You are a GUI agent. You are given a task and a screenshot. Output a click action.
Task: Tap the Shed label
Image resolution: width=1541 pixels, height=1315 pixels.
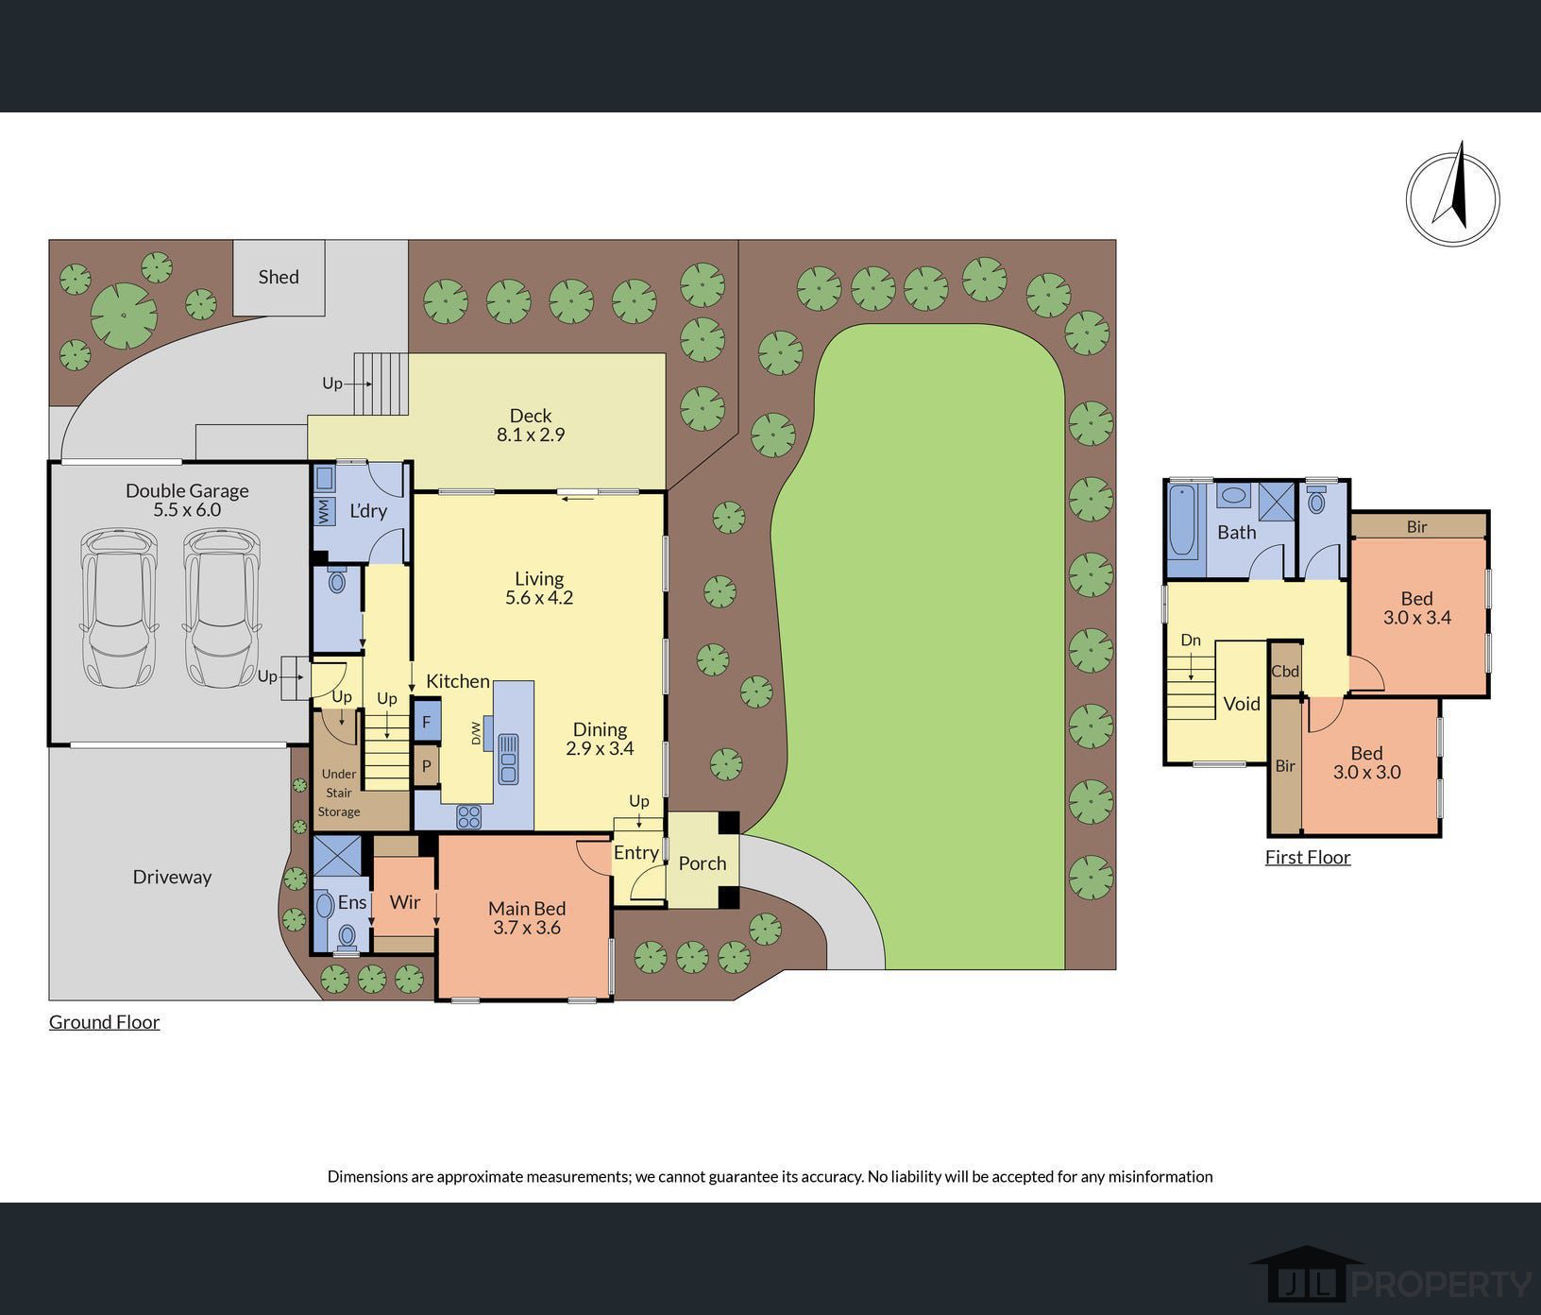point(279,277)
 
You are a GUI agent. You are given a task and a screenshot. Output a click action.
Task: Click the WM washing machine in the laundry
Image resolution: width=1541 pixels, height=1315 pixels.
point(325,513)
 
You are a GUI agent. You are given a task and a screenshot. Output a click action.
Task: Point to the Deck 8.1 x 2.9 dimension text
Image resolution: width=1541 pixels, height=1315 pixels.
point(531,435)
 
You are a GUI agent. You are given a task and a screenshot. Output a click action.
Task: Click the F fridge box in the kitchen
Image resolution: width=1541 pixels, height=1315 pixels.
point(426,722)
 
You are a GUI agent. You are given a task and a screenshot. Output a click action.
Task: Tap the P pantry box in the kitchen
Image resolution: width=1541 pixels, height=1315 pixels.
point(426,766)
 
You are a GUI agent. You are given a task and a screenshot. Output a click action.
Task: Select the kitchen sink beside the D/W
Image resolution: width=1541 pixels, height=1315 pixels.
point(508,758)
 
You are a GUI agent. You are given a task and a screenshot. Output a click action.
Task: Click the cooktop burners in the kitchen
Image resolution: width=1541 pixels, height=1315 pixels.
point(469,817)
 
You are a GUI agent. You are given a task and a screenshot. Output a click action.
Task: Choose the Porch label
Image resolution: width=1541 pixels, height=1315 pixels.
point(703,863)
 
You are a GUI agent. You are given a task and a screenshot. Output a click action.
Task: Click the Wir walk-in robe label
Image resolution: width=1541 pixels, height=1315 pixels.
point(405,902)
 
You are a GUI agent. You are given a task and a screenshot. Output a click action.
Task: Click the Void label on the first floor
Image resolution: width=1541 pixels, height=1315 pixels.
point(1242,704)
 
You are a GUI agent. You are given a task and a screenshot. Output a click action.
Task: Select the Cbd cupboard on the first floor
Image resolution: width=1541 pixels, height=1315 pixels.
point(1285,671)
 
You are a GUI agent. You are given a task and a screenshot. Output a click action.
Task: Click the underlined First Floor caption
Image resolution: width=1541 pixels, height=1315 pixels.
point(1308,858)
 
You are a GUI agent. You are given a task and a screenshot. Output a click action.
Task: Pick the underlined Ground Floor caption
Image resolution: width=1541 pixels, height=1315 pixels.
point(105,1022)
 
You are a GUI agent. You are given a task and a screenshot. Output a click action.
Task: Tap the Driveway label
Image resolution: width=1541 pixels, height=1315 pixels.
point(172,877)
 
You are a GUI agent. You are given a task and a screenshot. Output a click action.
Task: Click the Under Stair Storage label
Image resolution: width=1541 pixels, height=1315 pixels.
point(339,793)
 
